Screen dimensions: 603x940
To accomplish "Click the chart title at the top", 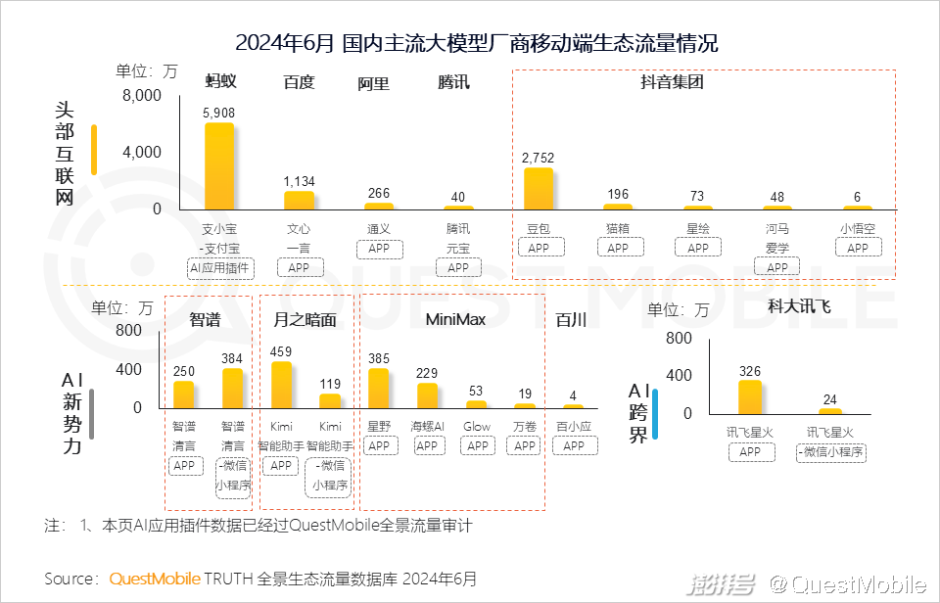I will (477, 43).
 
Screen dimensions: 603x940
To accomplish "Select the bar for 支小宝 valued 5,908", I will (219, 165).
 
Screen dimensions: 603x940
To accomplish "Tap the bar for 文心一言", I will (299, 200).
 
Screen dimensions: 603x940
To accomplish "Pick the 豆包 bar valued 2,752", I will (539, 188).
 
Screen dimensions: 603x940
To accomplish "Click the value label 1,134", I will (300, 181).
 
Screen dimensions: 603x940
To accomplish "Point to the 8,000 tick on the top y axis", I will (142, 96).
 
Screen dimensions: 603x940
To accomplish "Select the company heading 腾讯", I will (453, 82).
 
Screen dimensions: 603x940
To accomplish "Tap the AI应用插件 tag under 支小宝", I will (219, 267).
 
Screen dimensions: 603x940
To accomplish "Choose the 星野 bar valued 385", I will (379, 388).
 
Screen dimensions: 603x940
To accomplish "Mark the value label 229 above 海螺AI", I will (428, 374).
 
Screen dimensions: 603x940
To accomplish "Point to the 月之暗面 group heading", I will (305, 319).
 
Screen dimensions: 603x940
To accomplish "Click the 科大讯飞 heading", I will (799, 306).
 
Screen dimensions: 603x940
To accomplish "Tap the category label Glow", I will (477, 427).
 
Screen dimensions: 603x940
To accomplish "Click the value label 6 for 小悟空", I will (857, 197).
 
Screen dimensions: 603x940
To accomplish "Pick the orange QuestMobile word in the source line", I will (155, 579).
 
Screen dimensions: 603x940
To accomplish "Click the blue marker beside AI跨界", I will (655, 413).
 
